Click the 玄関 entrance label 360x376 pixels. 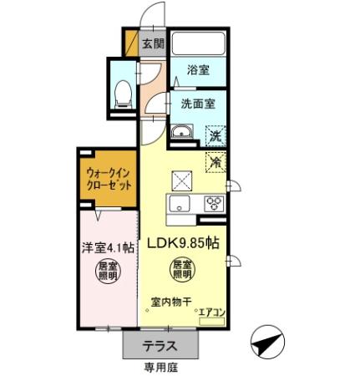(153, 44)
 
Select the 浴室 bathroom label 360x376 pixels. (198, 73)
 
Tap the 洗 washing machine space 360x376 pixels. (215, 135)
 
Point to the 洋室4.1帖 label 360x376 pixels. (107, 248)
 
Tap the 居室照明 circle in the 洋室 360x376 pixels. (107, 273)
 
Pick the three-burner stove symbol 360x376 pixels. (212, 203)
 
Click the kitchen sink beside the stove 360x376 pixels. (181, 204)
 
